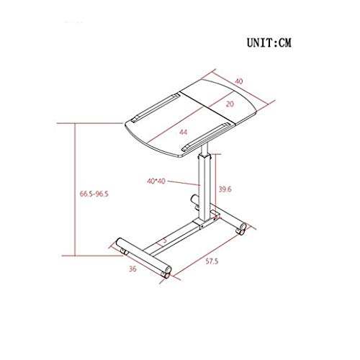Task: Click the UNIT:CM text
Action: [x=269, y=43]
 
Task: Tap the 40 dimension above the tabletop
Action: [x=239, y=81]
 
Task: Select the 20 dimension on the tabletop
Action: [x=230, y=104]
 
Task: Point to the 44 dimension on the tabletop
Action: [x=184, y=132]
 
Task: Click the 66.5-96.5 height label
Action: [x=94, y=194]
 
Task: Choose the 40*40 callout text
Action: [x=156, y=181]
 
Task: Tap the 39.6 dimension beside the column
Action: [x=225, y=189]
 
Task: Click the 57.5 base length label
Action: [x=212, y=261]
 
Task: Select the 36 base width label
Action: [x=132, y=269]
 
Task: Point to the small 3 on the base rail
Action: [x=165, y=240]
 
